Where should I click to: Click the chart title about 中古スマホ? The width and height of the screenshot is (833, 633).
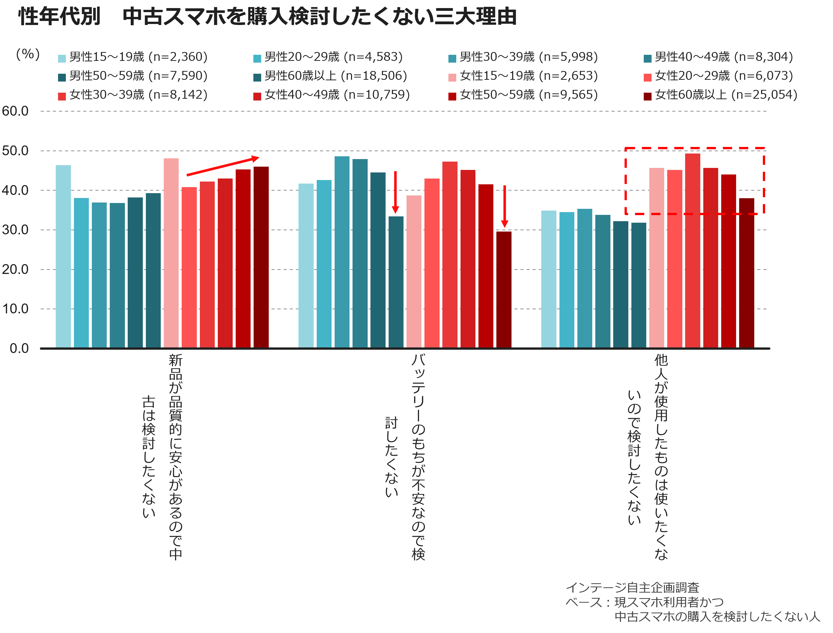(267, 17)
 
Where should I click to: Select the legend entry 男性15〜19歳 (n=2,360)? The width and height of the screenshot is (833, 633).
(132, 57)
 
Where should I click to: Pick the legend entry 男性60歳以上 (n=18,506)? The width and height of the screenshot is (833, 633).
(330, 76)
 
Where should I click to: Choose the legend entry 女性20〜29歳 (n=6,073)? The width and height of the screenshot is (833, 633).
(718, 76)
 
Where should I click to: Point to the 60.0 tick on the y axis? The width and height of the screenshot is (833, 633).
(15, 111)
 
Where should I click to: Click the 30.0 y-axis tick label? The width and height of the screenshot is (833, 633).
(15, 230)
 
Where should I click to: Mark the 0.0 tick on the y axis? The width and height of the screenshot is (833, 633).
(19, 348)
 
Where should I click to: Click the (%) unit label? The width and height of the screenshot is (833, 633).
(28, 55)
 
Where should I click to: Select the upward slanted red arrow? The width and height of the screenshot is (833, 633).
(223, 166)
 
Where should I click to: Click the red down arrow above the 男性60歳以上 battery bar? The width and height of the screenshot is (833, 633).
(395, 192)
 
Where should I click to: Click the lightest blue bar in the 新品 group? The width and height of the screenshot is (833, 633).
(63, 256)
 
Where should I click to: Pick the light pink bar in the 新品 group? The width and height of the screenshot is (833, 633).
(171, 253)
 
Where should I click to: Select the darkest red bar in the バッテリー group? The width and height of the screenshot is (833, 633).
(504, 289)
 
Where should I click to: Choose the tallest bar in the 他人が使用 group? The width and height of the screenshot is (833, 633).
(692, 250)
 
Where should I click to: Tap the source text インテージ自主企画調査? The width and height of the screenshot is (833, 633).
(633, 588)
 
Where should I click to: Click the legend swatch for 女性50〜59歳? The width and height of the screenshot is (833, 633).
(452, 96)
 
